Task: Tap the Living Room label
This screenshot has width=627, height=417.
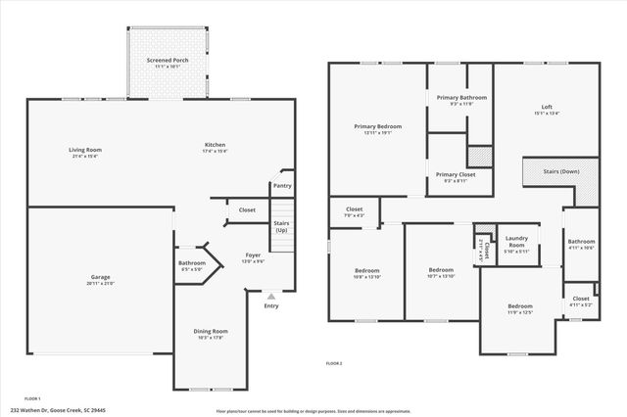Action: (x=85, y=150)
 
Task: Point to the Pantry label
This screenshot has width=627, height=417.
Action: (x=282, y=185)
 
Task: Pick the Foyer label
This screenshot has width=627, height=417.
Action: (x=253, y=255)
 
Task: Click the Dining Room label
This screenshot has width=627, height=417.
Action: (x=212, y=331)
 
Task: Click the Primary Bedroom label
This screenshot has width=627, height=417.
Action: (x=377, y=126)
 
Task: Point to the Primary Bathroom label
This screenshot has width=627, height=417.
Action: (x=461, y=98)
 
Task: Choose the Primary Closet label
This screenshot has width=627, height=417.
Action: (x=456, y=174)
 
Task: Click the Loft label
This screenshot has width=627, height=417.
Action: (x=547, y=107)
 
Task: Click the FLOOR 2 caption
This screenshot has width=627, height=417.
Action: (x=335, y=363)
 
